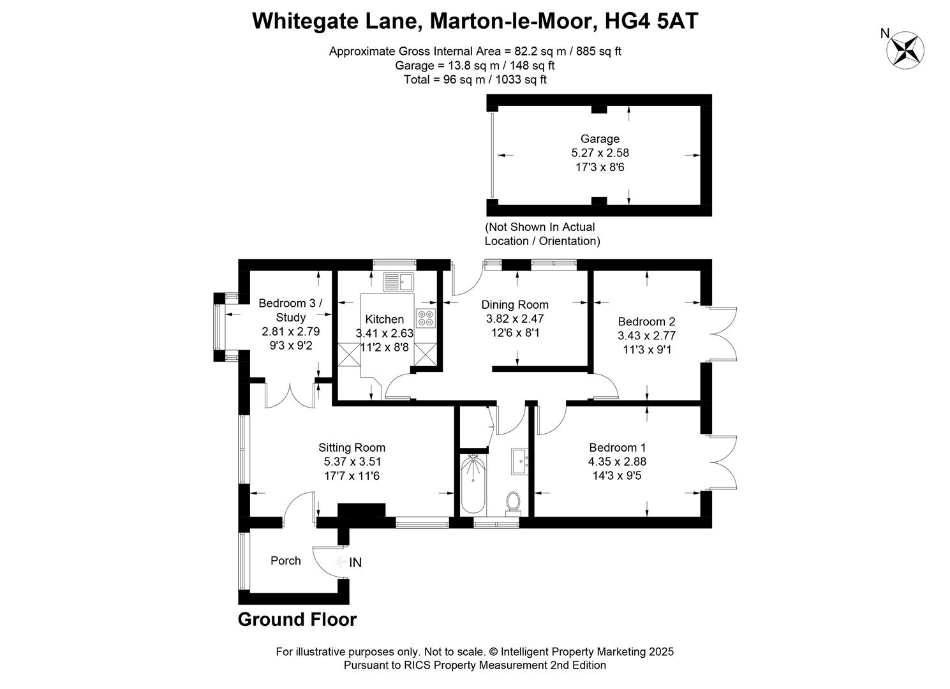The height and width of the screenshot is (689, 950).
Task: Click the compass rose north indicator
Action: [907, 49]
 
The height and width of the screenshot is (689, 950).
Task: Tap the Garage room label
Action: [600, 138]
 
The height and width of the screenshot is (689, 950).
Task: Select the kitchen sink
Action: [399, 281]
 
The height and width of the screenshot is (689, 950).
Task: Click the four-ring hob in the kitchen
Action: [426, 318]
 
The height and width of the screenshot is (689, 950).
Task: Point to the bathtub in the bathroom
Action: [473, 485]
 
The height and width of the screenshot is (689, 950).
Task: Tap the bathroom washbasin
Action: [519, 461]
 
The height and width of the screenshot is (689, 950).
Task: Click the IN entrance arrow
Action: [348, 562]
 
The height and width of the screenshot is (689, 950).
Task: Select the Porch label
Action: [285, 560]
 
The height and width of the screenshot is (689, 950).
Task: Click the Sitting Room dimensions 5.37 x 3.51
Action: [352, 461]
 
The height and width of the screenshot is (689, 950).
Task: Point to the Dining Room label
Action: [514, 304]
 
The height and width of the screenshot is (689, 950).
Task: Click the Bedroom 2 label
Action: [646, 322]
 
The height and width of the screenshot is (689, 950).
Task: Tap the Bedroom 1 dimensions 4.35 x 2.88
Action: [617, 461]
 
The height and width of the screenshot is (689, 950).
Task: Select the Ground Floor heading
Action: [297, 619]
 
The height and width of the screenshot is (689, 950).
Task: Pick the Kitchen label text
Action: [384, 319]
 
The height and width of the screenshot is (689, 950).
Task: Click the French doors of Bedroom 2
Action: [722, 335]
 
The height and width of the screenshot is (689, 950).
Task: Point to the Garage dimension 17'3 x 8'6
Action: [600, 167]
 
